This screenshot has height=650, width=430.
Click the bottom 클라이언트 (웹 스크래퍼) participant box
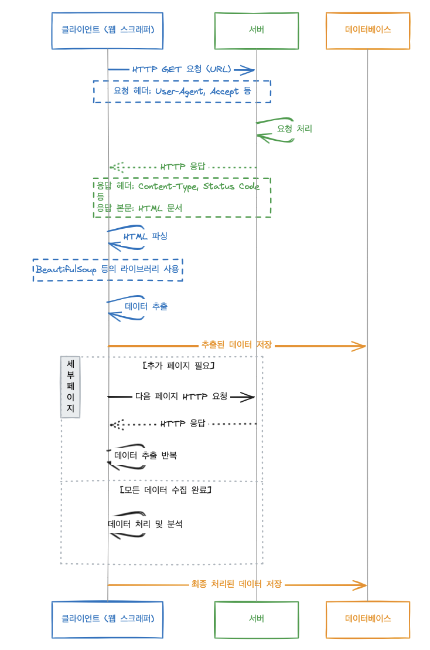tap(107, 618)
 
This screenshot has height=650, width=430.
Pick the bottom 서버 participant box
tap(257, 618)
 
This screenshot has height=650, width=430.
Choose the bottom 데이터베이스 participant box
tap(368, 618)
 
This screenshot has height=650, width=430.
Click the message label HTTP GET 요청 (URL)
tap(182, 69)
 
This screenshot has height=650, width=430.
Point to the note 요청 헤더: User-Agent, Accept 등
tap(182, 92)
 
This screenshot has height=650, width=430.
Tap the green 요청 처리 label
tap(294, 128)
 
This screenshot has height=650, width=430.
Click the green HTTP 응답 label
tap(183, 167)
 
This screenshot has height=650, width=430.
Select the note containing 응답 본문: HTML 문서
tap(182, 198)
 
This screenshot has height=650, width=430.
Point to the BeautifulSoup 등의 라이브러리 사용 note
tap(107, 269)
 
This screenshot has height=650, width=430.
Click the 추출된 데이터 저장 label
tap(236, 345)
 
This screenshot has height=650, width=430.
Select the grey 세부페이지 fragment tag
tap(70, 387)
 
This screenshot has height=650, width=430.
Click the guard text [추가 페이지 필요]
tap(178, 365)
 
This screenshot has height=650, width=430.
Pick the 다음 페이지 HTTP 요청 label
tap(181, 396)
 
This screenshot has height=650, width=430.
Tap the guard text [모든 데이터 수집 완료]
tap(165, 489)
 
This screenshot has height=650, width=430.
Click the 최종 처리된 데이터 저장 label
tap(237, 584)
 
